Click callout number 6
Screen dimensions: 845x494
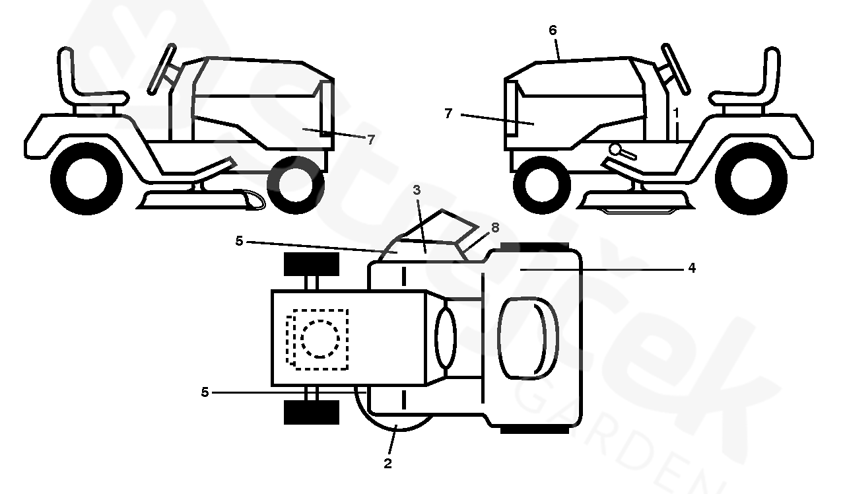[553, 30]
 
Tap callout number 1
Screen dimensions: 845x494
[676, 113]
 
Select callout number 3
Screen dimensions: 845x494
[417, 190]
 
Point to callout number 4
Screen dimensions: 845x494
[691, 269]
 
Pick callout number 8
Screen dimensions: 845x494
[495, 228]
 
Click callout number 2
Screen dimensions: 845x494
[388, 464]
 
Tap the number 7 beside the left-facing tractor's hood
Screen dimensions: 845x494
[448, 114]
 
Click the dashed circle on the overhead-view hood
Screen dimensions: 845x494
[320, 339]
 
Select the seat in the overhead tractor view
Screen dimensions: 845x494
[527, 339]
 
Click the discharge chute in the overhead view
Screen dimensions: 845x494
[439, 231]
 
